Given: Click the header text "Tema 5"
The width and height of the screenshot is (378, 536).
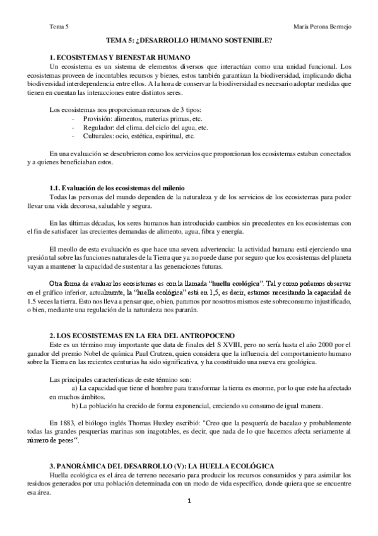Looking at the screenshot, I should pos(59,26).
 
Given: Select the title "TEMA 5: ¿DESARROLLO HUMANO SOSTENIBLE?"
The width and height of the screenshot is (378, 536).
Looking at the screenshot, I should pos(189,40).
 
